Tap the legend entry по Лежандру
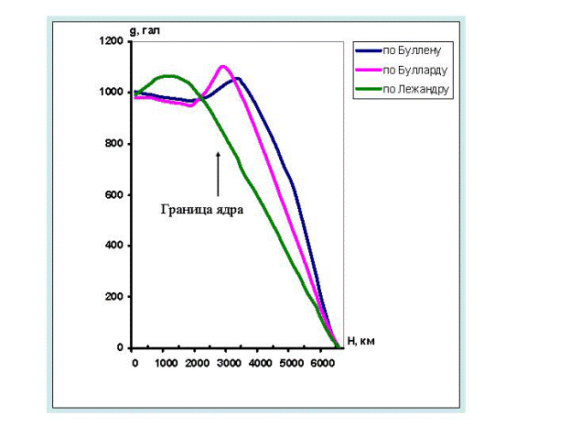click(415, 89)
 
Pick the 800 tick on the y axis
click(115, 144)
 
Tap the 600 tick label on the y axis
click(115, 195)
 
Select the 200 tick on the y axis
click(115, 297)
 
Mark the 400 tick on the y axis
click(115, 247)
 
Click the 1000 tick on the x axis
click(165, 362)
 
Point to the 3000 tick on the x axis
click(227, 362)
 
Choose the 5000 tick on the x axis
click(289, 362)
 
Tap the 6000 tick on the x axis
click(320, 362)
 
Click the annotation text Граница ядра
click(201, 209)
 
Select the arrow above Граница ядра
click(219, 174)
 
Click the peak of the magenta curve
click(224, 66)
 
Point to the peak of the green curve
click(168, 75)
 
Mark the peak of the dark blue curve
click(237, 78)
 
